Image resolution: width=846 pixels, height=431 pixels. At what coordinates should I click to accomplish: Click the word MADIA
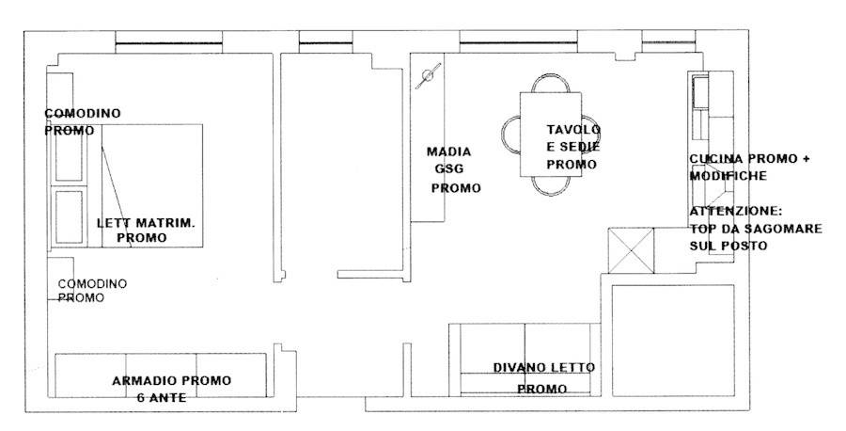tap(448, 151)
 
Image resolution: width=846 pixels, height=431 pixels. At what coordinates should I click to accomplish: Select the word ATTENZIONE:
tap(736, 212)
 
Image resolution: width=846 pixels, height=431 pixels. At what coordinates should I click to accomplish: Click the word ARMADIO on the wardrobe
tap(144, 380)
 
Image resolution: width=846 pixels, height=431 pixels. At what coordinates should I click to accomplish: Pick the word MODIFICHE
tap(728, 176)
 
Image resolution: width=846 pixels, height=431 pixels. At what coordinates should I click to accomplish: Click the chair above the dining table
tap(550, 84)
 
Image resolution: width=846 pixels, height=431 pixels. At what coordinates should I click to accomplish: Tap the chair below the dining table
tap(550, 185)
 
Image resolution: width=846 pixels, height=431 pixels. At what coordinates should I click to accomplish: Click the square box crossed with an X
tap(630, 250)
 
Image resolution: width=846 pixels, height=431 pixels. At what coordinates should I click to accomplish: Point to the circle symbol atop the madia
tap(429, 75)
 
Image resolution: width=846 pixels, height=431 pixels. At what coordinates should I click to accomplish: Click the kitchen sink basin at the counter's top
tap(701, 90)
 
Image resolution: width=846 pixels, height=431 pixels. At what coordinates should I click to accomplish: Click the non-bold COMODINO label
tap(92, 283)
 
